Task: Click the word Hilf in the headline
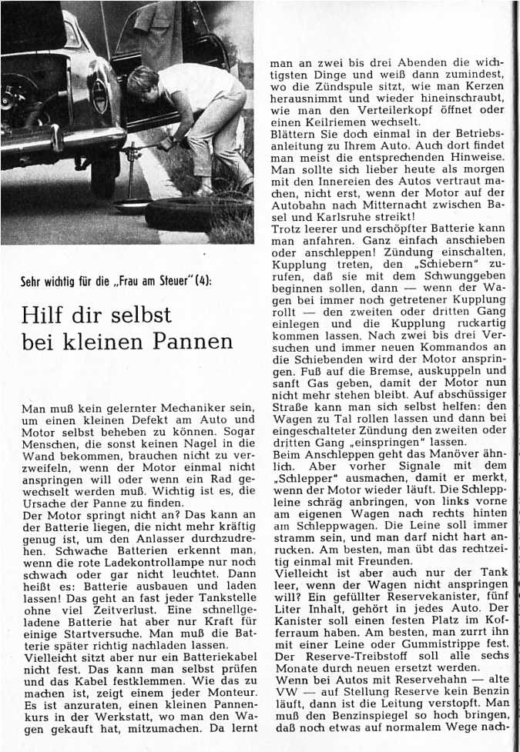point(48,316)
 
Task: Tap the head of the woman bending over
point(142,79)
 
